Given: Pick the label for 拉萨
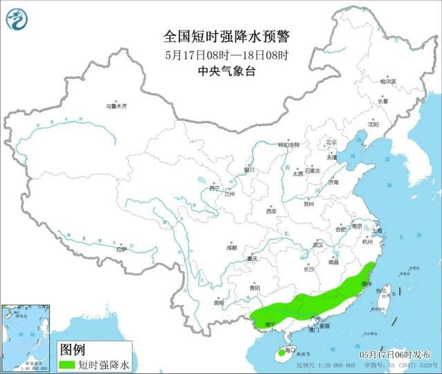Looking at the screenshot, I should click(x=122, y=248).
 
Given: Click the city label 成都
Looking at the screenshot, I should click(x=231, y=247).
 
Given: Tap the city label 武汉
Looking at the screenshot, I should click(x=318, y=244).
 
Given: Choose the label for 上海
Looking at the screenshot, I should click(x=378, y=230).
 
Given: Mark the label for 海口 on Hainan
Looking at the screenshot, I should click(x=291, y=350).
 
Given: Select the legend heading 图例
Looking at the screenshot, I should click(x=73, y=348).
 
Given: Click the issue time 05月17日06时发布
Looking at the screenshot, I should click(x=399, y=353).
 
